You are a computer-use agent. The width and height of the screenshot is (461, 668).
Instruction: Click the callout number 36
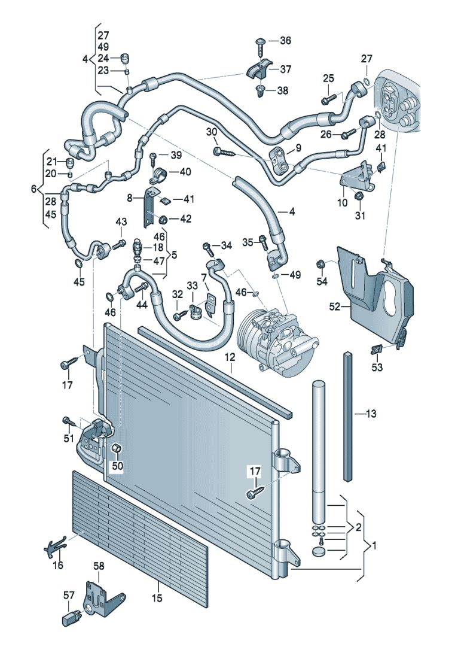click(x=285, y=41)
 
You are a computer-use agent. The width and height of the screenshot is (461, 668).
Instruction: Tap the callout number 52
click(x=335, y=306)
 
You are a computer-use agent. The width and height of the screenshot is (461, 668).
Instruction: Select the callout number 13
click(x=371, y=413)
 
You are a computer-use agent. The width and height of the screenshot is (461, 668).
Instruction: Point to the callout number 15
click(x=157, y=597)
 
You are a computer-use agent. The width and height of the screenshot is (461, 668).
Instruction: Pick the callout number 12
click(x=231, y=358)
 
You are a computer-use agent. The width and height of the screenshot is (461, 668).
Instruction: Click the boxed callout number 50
click(x=116, y=465)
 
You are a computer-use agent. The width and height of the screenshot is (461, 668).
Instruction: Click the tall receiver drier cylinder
click(x=320, y=443)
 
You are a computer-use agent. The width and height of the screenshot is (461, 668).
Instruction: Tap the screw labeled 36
click(x=261, y=42)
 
